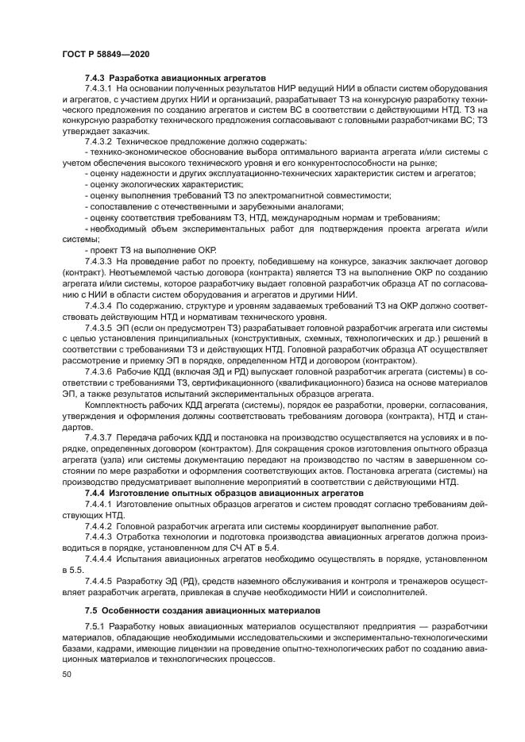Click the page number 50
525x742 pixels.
coord(67,674)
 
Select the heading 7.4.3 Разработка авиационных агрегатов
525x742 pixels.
coord(175,78)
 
